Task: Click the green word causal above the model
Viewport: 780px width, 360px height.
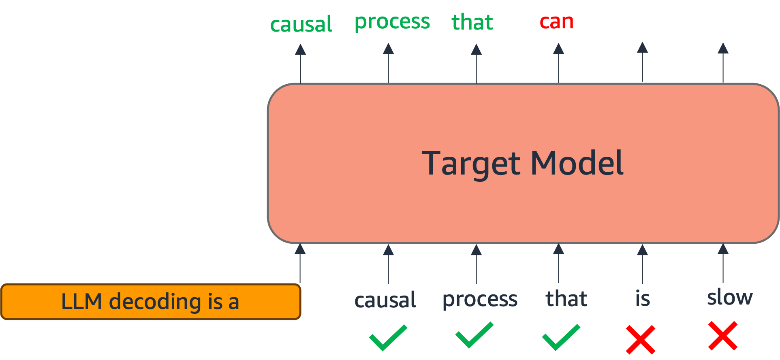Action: pos(301,24)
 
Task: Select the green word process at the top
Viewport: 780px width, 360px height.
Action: pos(392,22)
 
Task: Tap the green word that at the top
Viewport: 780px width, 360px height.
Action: pos(472,22)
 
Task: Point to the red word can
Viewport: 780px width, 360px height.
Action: pos(556,22)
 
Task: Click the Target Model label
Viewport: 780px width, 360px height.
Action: pos(522,163)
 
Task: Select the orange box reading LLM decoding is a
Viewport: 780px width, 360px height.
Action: pos(150,302)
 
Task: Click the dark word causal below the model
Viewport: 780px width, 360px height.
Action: pos(385,300)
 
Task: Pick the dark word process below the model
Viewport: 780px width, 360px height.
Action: pos(480,300)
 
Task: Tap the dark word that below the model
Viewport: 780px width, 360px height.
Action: pos(566,299)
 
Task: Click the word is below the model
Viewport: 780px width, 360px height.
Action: pos(643,299)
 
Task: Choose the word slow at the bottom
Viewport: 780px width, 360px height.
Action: pos(730,298)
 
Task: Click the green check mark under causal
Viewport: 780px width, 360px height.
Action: pos(388,337)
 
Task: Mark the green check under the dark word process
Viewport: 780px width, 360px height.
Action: pos(474,335)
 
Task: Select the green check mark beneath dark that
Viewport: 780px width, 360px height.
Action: pos(561,337)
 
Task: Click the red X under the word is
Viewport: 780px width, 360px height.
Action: pos(640,339)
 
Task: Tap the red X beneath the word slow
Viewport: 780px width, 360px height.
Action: pos(723,336)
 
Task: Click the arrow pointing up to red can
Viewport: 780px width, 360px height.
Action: pos(558,63)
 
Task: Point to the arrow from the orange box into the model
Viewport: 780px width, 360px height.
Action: pos(300,263)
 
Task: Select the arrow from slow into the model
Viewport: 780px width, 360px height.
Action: pos(723,263)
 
